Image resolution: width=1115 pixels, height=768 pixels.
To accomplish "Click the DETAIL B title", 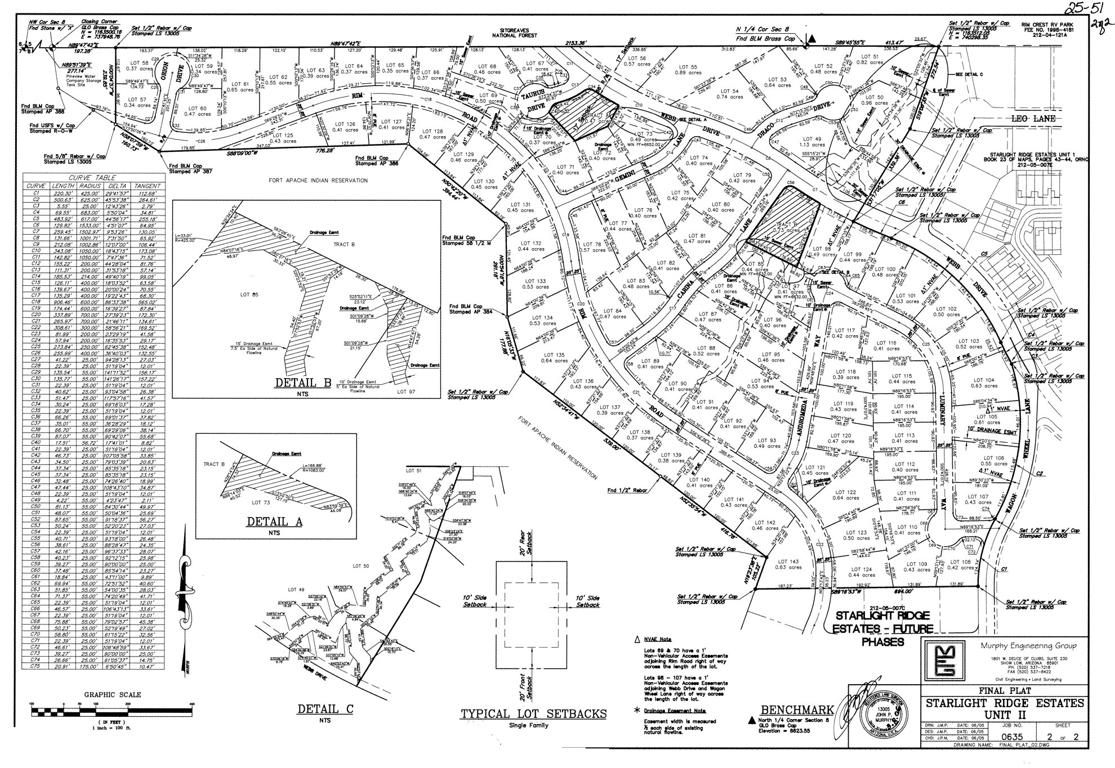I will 302,383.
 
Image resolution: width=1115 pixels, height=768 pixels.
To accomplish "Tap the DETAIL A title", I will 274,522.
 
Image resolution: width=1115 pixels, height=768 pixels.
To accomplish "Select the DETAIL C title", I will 325,709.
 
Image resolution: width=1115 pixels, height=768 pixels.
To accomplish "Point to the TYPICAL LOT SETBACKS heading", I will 533,714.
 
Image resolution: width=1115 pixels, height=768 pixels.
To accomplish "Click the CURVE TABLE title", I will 92,178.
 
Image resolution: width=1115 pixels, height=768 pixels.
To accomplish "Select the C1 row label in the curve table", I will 36,192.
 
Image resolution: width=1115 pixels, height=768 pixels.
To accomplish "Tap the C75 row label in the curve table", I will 36,666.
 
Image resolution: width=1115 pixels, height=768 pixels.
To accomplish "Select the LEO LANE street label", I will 1033,119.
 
